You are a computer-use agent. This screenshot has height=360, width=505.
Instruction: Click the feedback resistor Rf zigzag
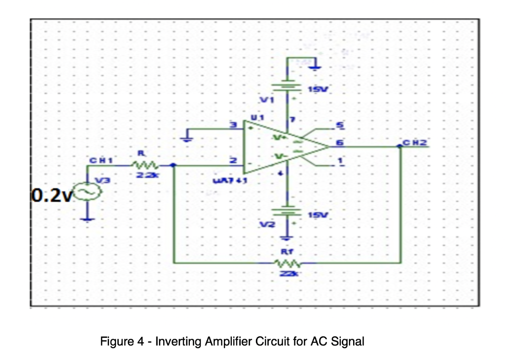coord(288,262)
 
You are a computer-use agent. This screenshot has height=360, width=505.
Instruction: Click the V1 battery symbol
coord(288,87)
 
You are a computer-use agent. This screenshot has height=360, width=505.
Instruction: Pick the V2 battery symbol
coord(288,212)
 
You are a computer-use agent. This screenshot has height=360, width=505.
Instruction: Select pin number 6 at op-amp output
coord(340,143)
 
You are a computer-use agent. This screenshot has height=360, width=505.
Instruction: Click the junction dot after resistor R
coord(173,166)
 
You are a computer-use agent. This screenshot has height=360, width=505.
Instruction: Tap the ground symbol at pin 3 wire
coord(187,137)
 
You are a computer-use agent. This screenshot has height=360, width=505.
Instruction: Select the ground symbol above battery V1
coord(317,66)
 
